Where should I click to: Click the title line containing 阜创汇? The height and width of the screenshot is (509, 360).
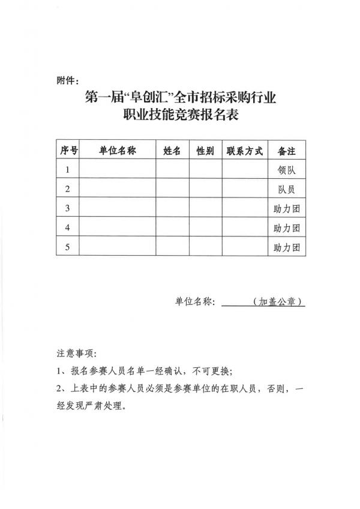coord(180,97)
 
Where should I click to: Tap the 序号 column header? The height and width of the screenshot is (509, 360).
coord(68,151)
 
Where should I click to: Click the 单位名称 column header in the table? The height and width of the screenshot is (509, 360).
coord(118,151)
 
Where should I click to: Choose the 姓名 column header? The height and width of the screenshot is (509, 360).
coord(172,151)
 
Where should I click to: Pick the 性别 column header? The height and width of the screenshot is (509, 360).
coord(205,151)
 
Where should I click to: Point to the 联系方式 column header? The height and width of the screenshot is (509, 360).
coord(245,151)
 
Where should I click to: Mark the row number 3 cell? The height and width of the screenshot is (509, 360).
coord(68,208)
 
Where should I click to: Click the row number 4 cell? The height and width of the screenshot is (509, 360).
coord(68,227)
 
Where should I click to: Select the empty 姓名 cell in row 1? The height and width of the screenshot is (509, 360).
coord(172,170)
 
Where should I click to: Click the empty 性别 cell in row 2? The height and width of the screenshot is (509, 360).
coord(205,189)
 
